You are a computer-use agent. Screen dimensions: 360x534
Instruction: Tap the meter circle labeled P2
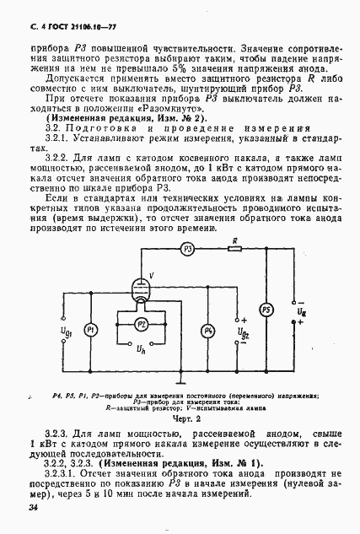(165, 323)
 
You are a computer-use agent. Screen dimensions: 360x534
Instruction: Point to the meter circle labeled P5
(266, 309)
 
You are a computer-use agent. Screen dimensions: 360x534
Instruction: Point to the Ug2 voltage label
(244, 330)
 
